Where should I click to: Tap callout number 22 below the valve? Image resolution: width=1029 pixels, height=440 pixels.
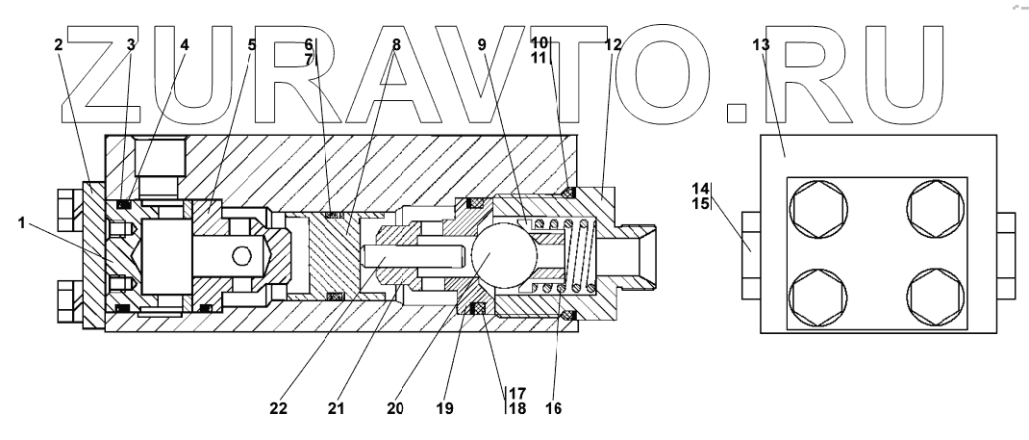pyautogui.click(x=278, y=407)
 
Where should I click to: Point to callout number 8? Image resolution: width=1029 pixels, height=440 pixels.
pyautogui.click(x=396, y=44)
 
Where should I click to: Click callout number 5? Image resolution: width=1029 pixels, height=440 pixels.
pyautogui.click(x=251, y=44)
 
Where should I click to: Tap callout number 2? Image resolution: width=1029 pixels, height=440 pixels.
pyautogui.click(x=60, y=44)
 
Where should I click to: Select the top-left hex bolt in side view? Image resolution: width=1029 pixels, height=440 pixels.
pyautogui.click(x=819, y=208)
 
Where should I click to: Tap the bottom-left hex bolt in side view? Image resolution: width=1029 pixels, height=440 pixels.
pyautogui.click(x=819, y=297)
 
